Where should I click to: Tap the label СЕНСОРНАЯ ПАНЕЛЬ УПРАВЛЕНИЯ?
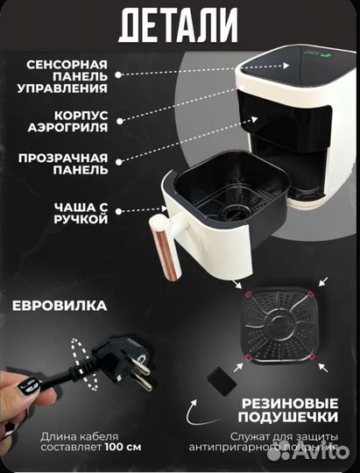[x=67, y=76]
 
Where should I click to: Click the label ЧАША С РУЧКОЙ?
[x=80, y=213]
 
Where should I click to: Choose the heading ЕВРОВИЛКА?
[x=60, y=307]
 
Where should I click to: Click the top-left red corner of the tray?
[x=249, y=293]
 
